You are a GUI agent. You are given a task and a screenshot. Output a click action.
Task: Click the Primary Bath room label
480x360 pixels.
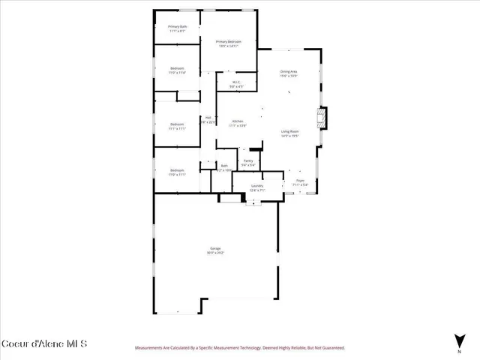click(x=177, y=27)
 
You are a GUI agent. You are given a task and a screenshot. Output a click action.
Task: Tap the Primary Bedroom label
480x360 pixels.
click(x=228, y=41)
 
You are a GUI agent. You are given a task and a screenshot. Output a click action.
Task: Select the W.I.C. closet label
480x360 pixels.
click(x=235, y=82)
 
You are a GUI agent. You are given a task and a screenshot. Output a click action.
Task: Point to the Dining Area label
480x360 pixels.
click(x=289, y=71)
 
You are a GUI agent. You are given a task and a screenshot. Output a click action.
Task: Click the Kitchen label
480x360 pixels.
click(x=238, y=121)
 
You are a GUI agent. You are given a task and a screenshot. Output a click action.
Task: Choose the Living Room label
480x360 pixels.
click(x=289, y=130)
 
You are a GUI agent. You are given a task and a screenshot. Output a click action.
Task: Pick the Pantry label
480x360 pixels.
click(x=247, y=160)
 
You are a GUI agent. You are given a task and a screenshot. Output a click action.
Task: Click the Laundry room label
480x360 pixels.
click(x=256, y=185)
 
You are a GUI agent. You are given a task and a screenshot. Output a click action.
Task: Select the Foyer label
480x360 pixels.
click(x=299, y=181)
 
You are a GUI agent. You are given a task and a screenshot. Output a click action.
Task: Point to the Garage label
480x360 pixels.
click(x=215, y=248)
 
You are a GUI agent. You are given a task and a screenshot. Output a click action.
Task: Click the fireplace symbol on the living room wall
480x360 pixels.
click(x=322, y=118)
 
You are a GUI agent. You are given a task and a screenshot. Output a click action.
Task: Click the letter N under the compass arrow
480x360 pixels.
click(x=459, y=351)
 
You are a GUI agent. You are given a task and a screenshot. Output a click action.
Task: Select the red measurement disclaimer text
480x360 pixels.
click(x=239, y=348)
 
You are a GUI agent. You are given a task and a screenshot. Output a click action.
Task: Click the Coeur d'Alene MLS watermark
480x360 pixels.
click(x=44, y=343)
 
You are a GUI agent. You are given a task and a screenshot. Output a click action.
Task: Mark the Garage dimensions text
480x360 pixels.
click(x=215, y=253)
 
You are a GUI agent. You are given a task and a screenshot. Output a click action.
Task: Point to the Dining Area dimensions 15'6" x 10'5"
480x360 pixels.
click(x=289, y=76)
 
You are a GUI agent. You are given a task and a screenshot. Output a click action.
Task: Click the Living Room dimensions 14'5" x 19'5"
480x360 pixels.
click(x=289, y=136)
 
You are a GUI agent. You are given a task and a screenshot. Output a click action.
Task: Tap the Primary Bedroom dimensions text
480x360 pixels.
click(x=228, y=46)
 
